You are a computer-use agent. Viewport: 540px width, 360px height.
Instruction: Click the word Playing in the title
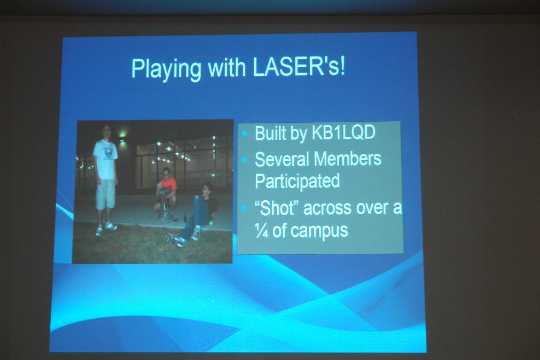166,69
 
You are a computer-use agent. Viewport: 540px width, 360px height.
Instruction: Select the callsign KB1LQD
343,132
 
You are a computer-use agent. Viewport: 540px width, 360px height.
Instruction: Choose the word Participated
298,182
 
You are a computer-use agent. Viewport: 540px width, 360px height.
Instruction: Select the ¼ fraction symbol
262,230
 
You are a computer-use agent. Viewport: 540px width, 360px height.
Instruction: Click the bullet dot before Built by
245,133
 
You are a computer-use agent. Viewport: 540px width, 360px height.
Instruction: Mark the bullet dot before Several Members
245,159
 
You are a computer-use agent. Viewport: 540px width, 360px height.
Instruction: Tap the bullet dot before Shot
245,208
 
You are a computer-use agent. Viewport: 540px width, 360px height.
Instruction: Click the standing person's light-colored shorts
105,194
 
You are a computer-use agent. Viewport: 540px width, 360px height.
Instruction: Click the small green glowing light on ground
211,223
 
